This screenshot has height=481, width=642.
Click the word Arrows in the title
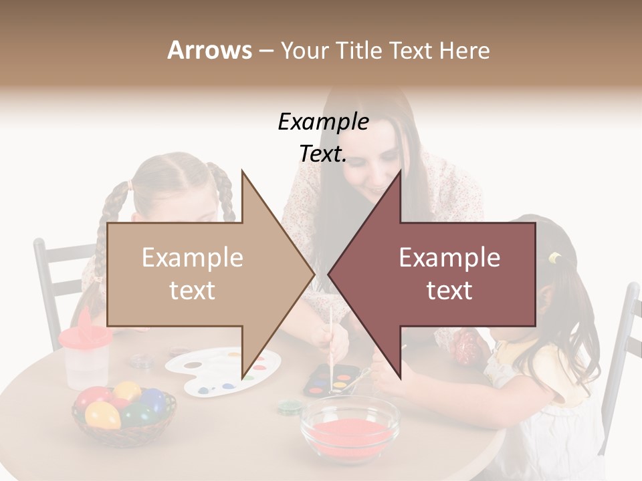(210, 50)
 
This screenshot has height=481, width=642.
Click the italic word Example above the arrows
(323, 122)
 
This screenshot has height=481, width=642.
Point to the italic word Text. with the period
(323, 154)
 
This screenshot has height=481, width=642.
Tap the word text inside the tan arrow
(192, 291)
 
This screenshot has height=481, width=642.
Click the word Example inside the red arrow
(449, 258)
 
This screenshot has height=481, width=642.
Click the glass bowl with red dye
(349, 428)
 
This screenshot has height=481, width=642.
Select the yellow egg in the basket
(103, 415)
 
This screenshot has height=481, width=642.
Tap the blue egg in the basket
(153, 399)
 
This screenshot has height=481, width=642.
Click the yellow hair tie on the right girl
(554, 258)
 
